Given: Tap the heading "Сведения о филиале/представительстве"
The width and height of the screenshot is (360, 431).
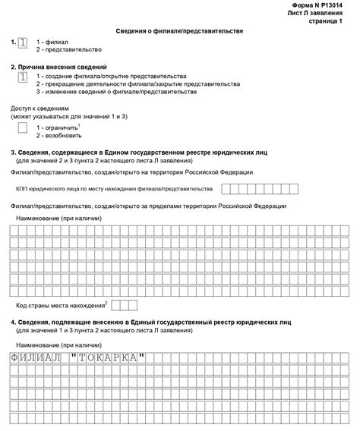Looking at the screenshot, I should [180, 31].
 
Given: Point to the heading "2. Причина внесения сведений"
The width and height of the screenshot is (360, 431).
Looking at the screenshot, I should [58, 68].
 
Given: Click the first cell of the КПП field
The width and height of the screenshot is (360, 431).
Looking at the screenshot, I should [226, 188].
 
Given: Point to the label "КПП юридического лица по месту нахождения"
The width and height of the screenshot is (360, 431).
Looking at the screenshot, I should [114, 188].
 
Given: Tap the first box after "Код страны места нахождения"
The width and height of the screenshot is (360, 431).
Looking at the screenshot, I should [116, 304].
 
